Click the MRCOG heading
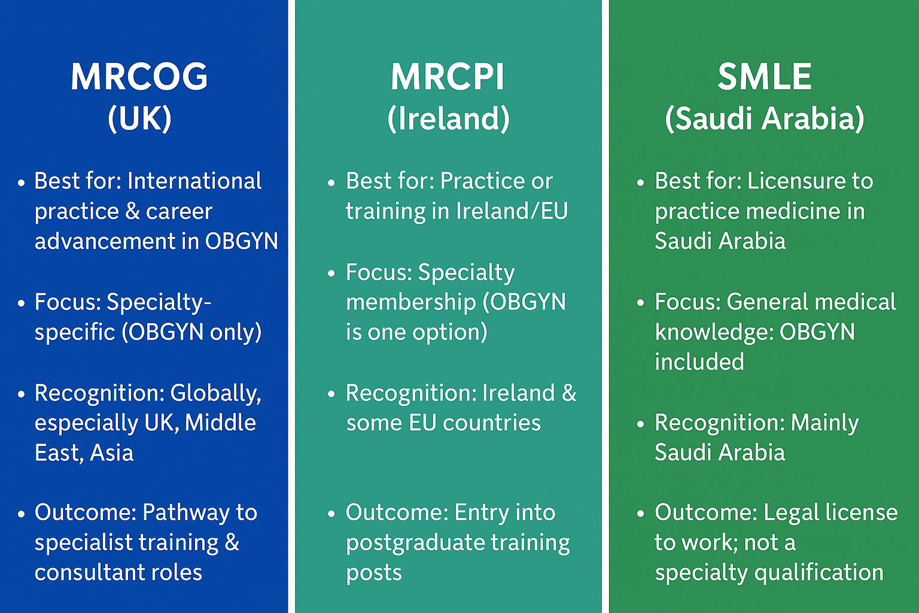click(x=139, y=77)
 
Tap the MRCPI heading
click(x=447, y=77)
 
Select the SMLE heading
click(x=764, y=77)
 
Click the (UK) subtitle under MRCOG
click(x=139, y=119)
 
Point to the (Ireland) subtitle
click(x=448, y=119)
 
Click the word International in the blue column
click(x=194, y=181)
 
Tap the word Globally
click(x=215, y=393)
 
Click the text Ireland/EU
click(x=512, y=211)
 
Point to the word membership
click(x=410, y=302)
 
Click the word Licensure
click(x=787, y=181)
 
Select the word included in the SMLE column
click(x=699, y=362)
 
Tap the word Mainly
click(x=824, y=423)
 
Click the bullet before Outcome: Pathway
click(x=22, y=514)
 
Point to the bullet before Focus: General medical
click(x=640, y=304)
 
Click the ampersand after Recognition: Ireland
click(x=569, y=393)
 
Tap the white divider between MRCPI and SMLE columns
click(x=605, y=306)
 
